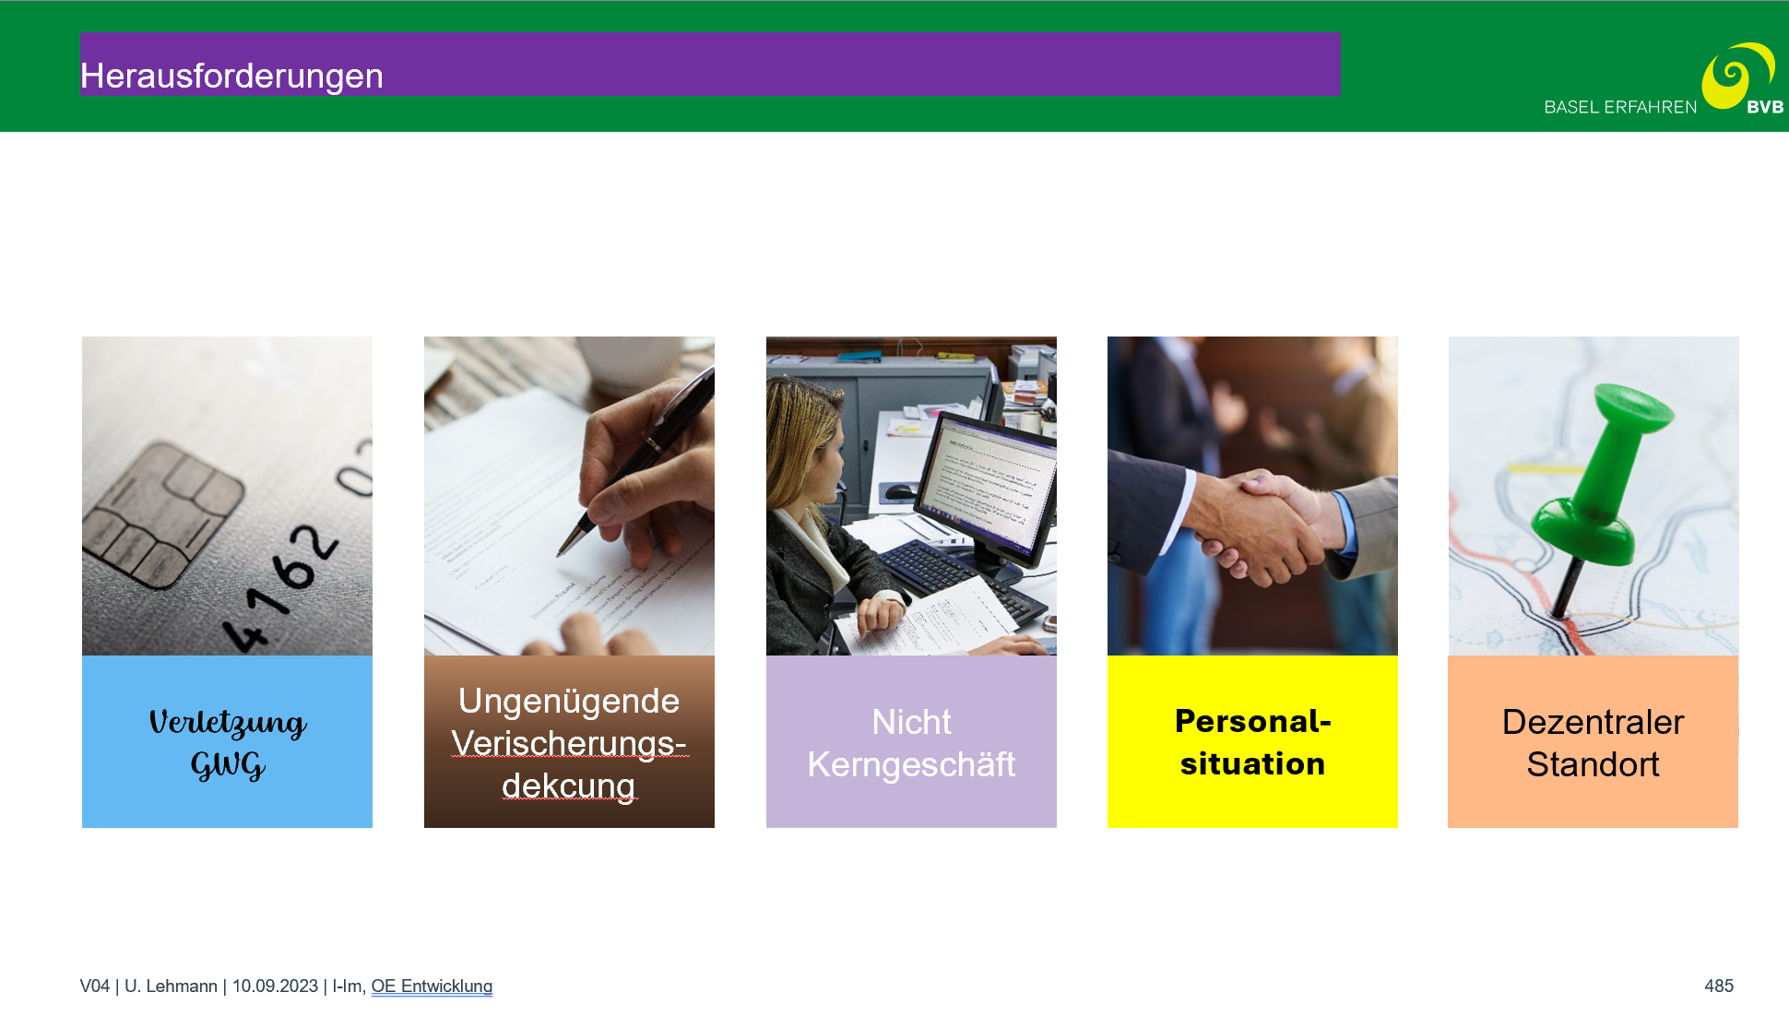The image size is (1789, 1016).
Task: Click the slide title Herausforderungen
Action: click(231, 76)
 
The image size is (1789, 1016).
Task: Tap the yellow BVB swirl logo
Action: click(1736, 77)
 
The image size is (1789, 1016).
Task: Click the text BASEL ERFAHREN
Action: click(1620, 107)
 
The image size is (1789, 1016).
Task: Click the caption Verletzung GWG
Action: click(228, 743)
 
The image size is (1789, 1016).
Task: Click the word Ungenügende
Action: click(569, 701)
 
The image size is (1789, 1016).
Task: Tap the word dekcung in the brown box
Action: click(569, 786)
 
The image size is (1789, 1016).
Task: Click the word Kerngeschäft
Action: click(911, 764)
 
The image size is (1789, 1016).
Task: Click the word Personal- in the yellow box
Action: click(1253, 721)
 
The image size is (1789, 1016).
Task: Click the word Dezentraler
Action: click(1593, 722)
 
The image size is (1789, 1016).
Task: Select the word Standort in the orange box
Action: click(1593, 764)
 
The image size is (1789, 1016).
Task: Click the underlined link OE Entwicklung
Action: click(432, 986)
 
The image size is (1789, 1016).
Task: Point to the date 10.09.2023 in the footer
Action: click(275, 986)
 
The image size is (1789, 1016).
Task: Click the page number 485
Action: click(1719, 986)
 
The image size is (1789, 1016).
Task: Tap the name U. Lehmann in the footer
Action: click(171, 986)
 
